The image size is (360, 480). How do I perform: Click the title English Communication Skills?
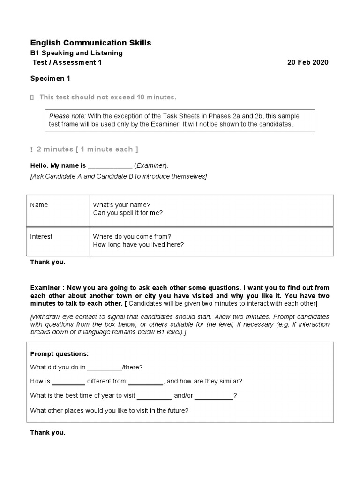90,43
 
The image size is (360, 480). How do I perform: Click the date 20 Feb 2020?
307,62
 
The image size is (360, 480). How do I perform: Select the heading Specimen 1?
50,79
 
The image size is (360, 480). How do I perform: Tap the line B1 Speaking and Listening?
76,53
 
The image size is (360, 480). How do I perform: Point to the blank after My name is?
110,166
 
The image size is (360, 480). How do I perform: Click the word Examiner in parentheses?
150,166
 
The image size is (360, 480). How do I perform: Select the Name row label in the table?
39,205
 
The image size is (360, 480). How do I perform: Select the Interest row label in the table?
41,236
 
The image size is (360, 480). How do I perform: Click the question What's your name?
121,205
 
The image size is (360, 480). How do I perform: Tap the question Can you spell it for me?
127,213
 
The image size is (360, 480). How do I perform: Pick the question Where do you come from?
132,236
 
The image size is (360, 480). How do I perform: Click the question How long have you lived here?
138,244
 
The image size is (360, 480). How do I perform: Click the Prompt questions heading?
59,353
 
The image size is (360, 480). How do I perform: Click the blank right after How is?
68,382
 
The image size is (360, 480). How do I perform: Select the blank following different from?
145,382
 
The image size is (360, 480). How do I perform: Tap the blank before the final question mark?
214,396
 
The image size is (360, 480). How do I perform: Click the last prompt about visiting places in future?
109,410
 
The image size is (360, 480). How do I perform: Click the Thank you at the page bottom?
48,432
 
